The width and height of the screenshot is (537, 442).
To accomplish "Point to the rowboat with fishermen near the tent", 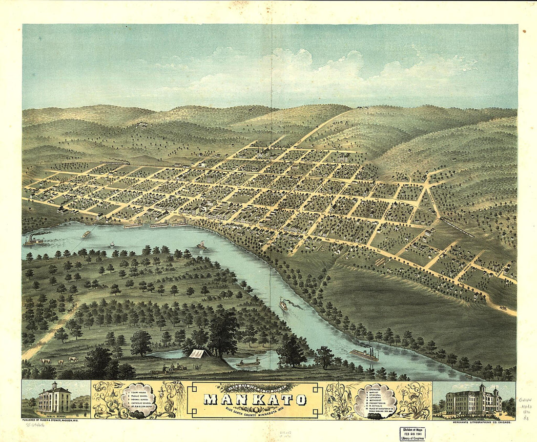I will (x=248, y=363).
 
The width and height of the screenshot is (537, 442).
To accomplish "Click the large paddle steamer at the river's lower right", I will (x=364, y=355).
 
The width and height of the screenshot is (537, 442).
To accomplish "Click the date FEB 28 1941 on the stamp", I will (x=412, y=434).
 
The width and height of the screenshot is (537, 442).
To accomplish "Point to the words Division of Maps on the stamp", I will (x=412, y=429).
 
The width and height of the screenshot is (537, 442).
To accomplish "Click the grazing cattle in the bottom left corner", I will (x=59, y=361).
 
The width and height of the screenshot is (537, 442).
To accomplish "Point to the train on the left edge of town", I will (x=115, y=162).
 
